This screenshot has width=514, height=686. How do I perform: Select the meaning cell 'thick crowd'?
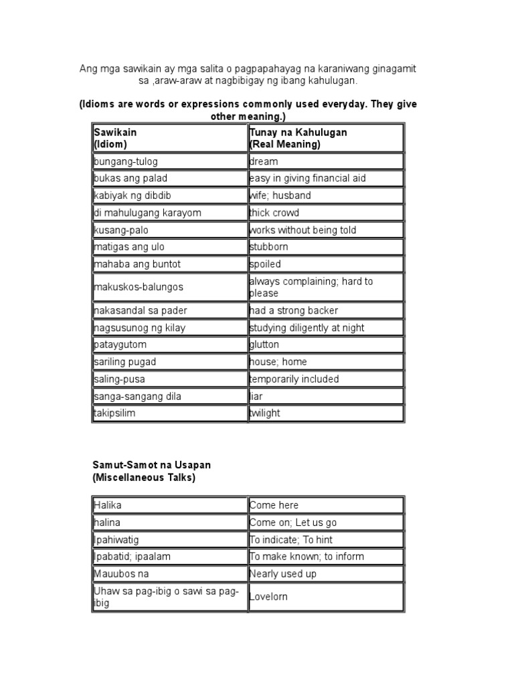[274, 213]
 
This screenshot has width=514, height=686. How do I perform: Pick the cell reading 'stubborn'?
[269, 247]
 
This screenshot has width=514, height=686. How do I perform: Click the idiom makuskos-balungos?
[139, 287]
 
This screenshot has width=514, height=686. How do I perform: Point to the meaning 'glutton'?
[264, 344]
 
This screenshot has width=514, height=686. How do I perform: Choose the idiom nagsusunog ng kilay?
[140, 328]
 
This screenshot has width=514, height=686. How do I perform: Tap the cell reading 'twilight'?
[265, 413]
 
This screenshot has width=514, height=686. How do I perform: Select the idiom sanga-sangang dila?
[138, 396]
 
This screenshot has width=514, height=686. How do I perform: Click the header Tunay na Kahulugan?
[298, 133]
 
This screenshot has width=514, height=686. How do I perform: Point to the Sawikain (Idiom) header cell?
[115, 138]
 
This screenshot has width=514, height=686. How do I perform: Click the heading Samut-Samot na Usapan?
[151, 465]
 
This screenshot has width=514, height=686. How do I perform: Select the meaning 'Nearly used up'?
[282, 573]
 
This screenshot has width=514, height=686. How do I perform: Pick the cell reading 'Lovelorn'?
[268, 596]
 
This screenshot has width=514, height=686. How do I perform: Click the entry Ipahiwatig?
[116, 539]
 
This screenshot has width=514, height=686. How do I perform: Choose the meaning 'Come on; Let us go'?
[292, 523]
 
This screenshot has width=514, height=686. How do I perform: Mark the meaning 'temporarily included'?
[294, 379]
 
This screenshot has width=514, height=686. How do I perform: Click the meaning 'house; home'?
[278, 362]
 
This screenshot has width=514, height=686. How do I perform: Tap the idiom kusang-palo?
[121, 230]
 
